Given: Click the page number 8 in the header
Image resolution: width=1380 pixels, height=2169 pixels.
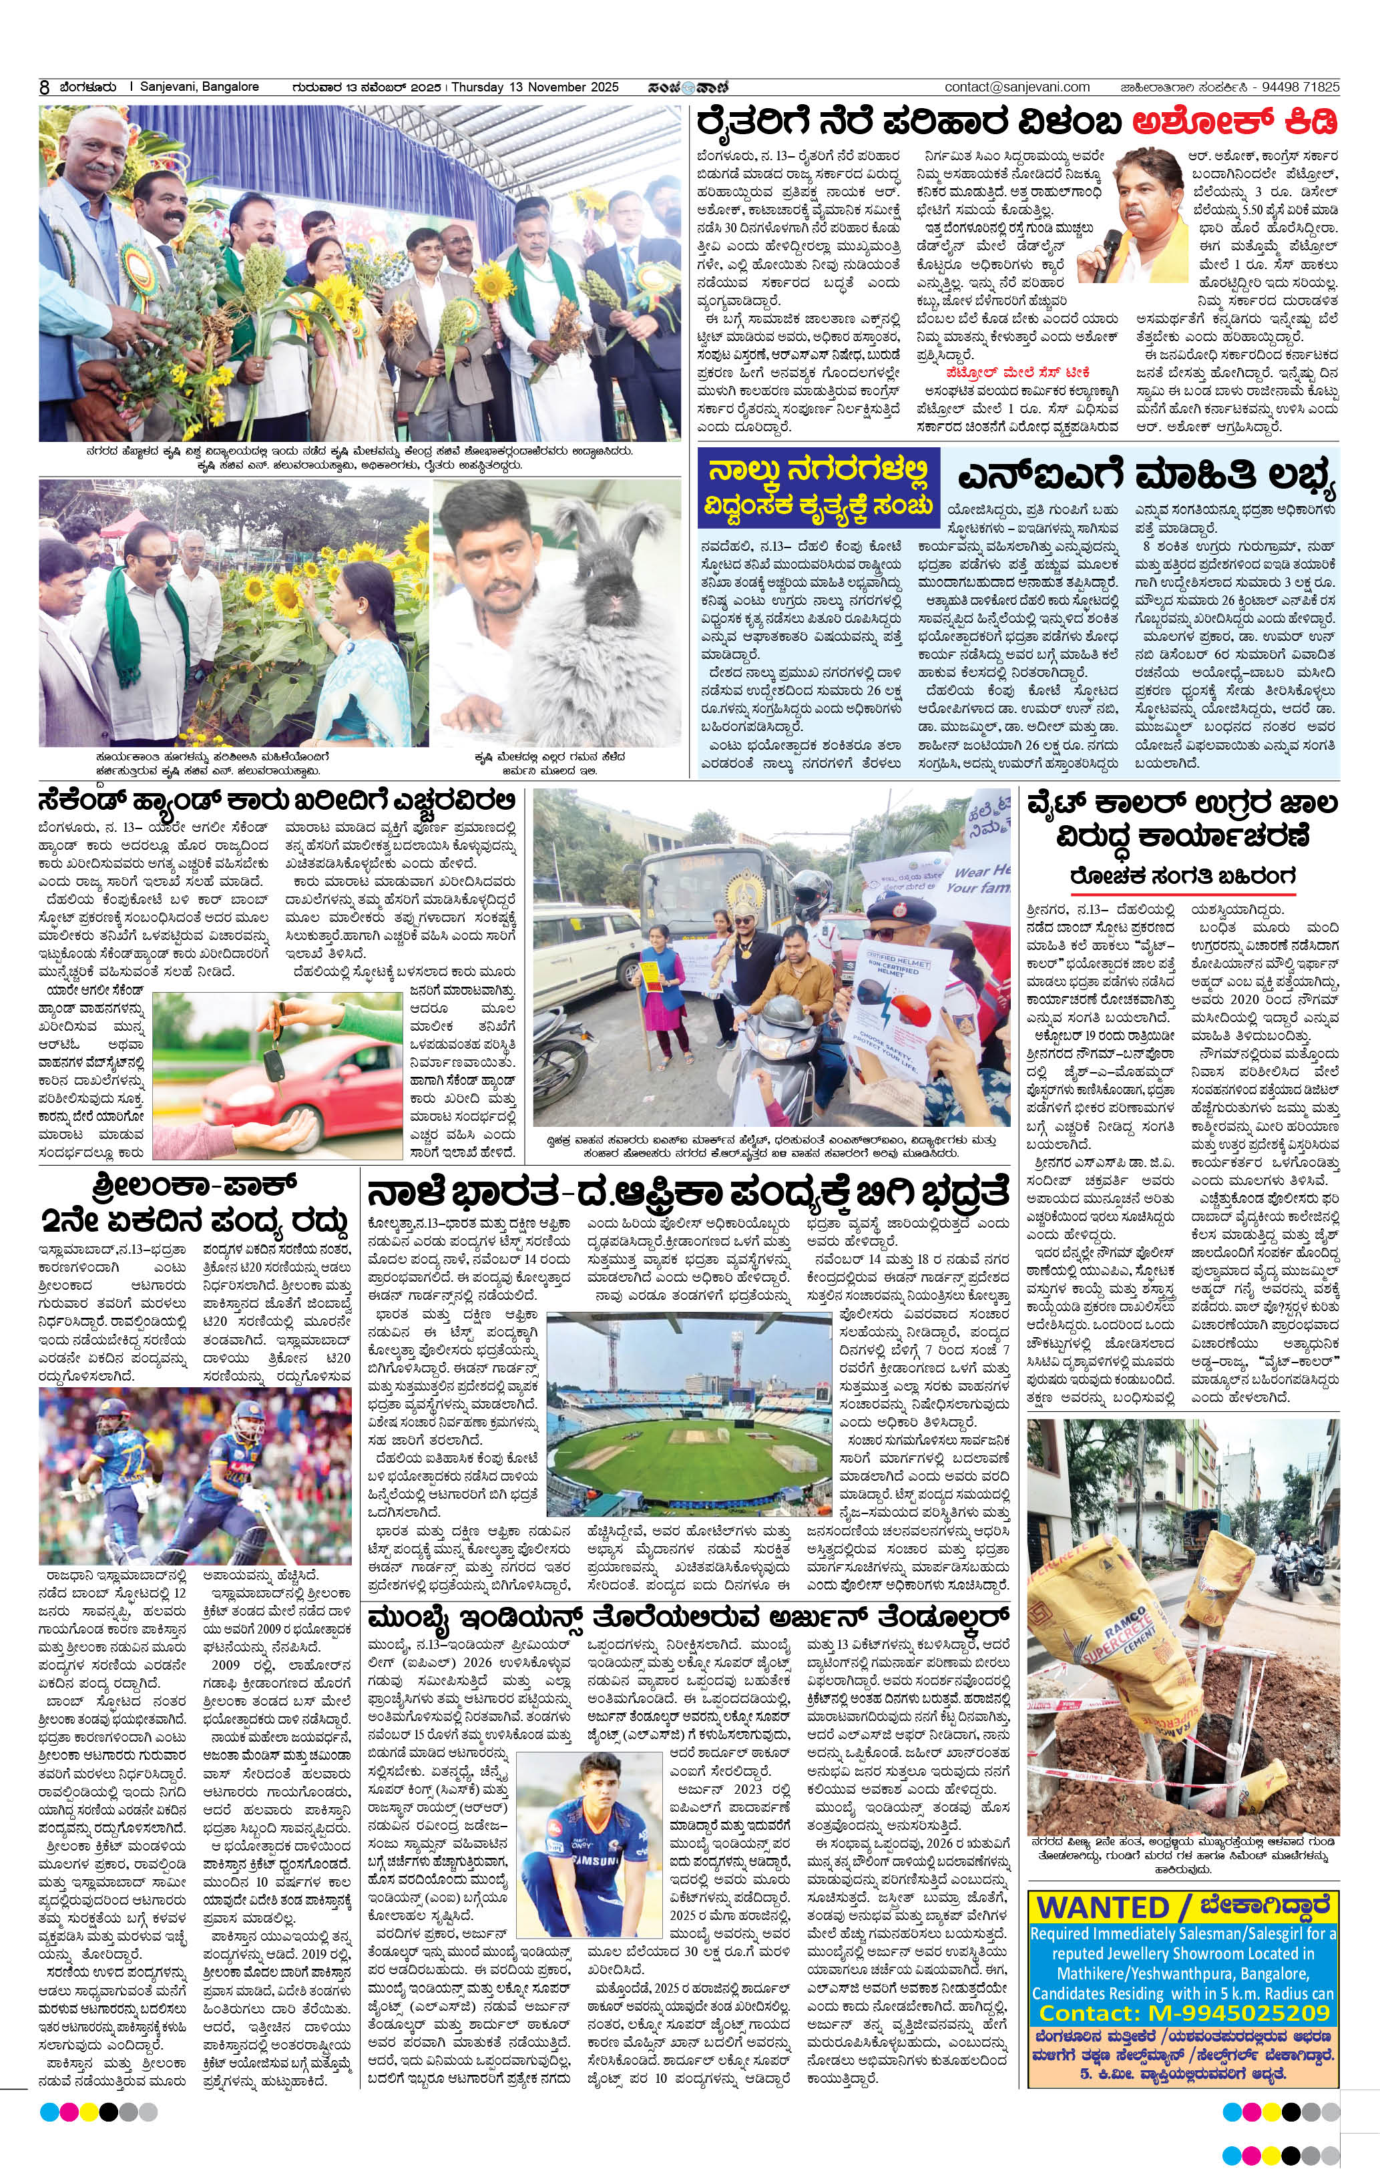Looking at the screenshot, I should coord(43,88).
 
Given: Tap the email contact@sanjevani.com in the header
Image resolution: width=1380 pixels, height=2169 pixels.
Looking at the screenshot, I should coord(1017,87).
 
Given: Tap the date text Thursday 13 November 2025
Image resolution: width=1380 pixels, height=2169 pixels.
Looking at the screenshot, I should coord(534,87).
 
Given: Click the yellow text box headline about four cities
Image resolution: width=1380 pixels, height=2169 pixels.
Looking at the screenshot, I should coord(818,487).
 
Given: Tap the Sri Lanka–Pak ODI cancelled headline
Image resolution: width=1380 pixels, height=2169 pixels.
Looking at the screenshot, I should coord(194,1202).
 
